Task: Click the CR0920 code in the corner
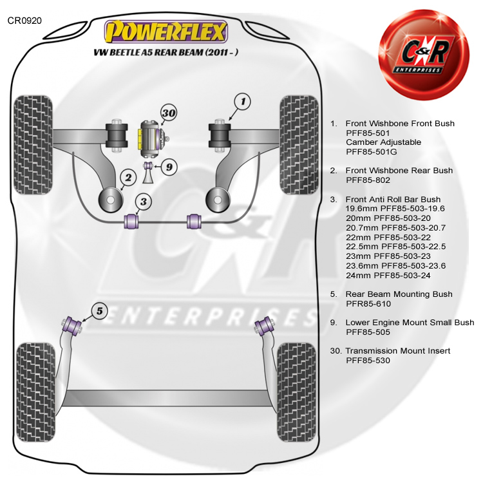coord(24,21)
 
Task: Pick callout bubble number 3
coord(144,202)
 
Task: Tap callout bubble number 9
coord(168,167)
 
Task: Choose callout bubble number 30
coord(168,114)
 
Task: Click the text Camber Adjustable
coord(383,142)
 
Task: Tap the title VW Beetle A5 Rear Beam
coord(166,52)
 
